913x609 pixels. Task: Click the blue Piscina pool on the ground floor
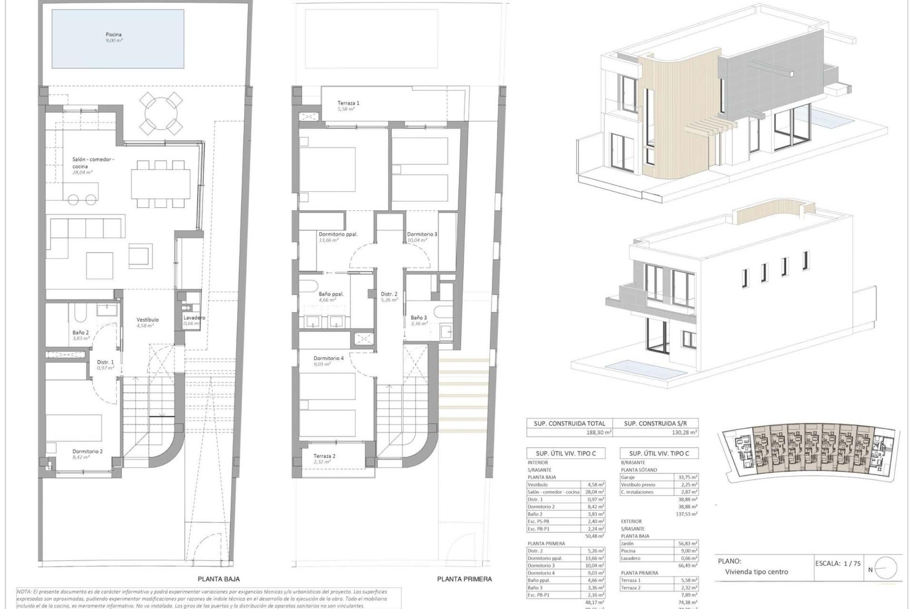point(117,39)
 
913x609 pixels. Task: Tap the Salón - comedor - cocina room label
point(93,163)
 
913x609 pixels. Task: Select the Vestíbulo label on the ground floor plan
point(147,320)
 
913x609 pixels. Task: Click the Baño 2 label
point(80,333)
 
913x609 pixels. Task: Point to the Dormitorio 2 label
point(87,452)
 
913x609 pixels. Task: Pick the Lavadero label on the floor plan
point(194,318)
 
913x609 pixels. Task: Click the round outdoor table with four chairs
point(162,114)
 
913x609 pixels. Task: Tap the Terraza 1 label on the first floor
point(348,103)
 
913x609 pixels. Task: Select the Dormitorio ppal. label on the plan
point(338,234)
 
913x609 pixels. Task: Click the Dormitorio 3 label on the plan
point(422,234)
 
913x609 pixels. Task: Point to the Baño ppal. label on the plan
point(331,294)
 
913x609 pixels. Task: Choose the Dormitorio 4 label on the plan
point(329,358)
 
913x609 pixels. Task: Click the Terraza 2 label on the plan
point(324,456)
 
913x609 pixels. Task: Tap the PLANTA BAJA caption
point(219,579)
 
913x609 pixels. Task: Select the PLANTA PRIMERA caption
point(464,579)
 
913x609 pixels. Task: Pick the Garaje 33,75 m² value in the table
point(687,477)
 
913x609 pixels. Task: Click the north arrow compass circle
point(885,568)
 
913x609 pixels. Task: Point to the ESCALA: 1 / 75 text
point(838,563)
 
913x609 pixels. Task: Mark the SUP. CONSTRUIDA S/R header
point(655,423)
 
